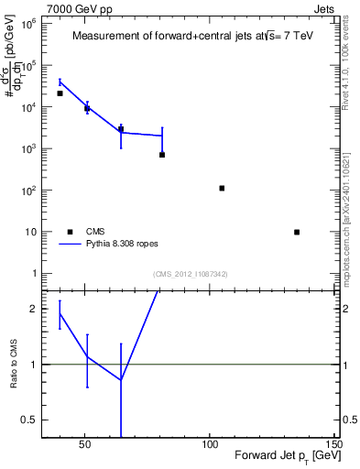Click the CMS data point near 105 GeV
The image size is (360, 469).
tap(222, 188)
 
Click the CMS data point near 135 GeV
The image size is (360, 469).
tap(297, 232)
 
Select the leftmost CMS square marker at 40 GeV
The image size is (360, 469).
tap(60, 93)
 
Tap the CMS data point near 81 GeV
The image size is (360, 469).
tap(162, 155)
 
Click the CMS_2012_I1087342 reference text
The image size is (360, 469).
tap(191, 274)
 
